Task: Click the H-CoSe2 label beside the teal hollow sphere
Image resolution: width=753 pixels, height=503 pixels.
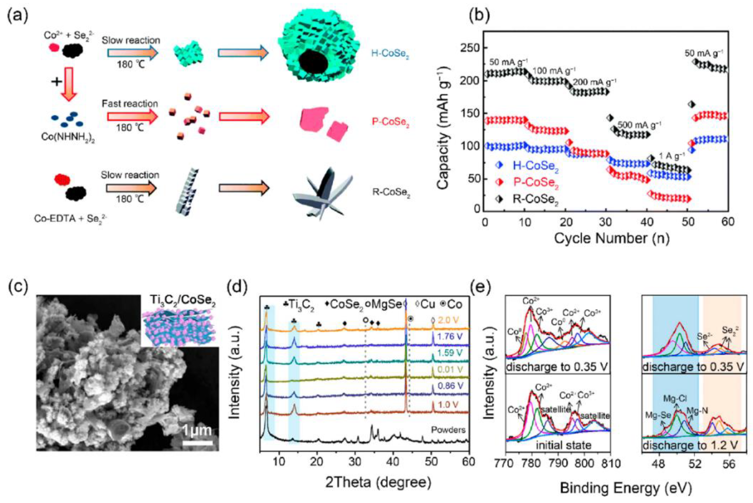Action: (x=390, y=54)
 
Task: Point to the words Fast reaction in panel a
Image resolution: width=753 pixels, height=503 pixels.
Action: (x=130, y=104)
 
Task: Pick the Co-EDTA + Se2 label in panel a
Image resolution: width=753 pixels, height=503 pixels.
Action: (x=71, y=219)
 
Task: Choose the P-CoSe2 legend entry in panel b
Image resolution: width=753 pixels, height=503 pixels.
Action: (x=536, y=182)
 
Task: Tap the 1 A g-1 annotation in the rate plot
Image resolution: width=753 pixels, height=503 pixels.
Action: (x=671, y=157)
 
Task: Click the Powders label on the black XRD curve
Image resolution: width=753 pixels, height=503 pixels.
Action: (x=448, y=430)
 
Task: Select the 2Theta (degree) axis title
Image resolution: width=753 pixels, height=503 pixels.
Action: (x=378, y=482)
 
